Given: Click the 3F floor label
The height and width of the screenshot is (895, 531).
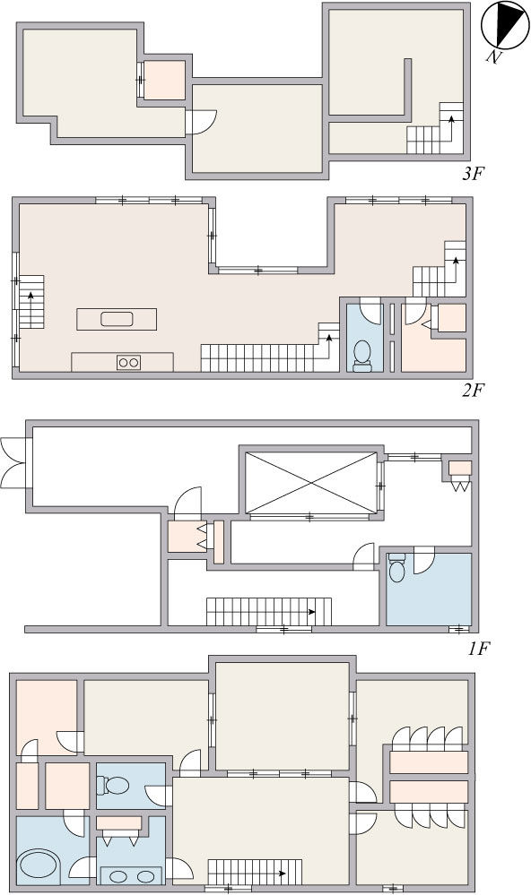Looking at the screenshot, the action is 473,174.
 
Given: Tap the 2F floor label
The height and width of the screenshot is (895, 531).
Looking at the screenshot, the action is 474,391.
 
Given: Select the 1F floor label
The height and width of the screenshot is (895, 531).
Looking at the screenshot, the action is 479,649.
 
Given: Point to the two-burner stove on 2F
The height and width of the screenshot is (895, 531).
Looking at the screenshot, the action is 128,362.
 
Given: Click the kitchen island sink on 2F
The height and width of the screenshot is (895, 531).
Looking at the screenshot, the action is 118,319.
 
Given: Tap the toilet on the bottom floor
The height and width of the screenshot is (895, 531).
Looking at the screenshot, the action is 112,786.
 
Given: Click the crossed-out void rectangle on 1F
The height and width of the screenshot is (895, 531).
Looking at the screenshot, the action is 311,483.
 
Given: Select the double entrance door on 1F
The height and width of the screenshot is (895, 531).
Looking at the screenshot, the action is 13,462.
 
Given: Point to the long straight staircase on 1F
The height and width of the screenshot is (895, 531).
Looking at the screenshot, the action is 269,612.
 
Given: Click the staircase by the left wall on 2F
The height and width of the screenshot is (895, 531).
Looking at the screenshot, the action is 31,302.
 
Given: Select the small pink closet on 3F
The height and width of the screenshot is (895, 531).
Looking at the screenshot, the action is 164,80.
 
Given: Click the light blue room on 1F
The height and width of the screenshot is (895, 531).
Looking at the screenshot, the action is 429,589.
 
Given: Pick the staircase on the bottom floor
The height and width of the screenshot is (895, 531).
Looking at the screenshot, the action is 255,873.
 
